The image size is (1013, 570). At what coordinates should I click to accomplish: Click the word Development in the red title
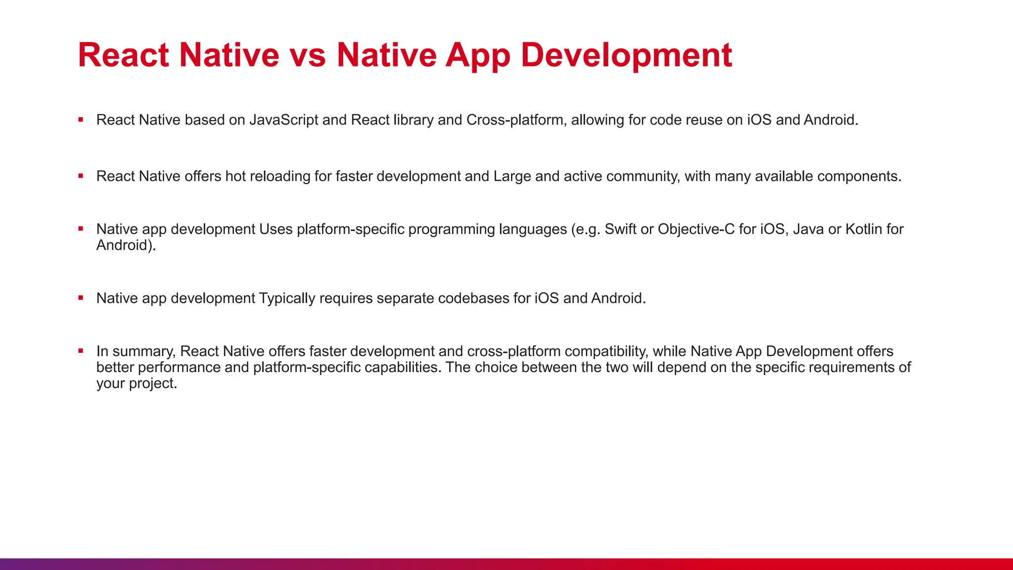pyautogui.click(x=626, y=55)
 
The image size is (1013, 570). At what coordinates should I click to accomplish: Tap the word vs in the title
pyautogui.click(x=307, y=55)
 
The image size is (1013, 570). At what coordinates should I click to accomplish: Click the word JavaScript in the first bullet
pyautogui.click(x=283, y=120)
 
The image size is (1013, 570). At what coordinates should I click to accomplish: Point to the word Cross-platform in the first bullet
pyautogui.click(x=515, y=120)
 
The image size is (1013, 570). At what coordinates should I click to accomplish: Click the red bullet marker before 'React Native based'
pyautogui.click(x=81, y=120)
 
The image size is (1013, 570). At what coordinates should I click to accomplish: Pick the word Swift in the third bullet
pyautogui.click(x=620, y=230)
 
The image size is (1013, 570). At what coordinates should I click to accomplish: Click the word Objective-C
pyautogui.click(x=696, y=230)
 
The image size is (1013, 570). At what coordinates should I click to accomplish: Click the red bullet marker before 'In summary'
pyautogui.click(x=81, y=351)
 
